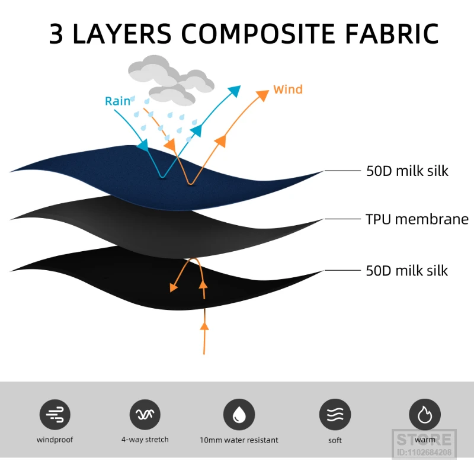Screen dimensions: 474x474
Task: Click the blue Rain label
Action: point(117,101)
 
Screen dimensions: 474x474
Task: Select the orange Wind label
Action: point(288,89)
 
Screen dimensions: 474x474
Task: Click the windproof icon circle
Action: point(55,414)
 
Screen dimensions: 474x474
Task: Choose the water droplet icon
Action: point(239,414)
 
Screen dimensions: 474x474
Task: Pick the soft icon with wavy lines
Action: point(335,414)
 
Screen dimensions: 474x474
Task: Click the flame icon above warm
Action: point(425,414)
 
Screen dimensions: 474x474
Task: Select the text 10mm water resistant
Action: point(239,440)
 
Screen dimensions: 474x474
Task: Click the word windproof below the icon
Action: point(55,440)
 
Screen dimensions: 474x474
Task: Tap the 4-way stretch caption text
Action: point(145,440)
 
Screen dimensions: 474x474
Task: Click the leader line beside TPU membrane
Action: point(342,219)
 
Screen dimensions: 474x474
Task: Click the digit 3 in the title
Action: point(57,34)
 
